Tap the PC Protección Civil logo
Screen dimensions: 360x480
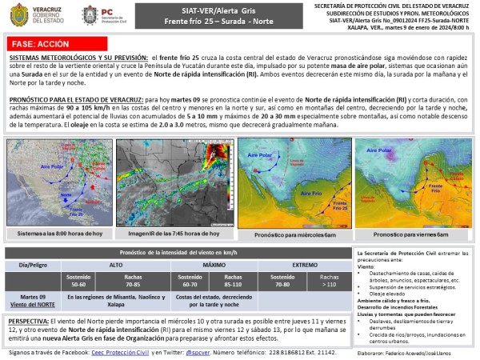click(x=105, y=15)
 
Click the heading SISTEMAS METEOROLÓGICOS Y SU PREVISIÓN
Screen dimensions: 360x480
click(x=77, y=59)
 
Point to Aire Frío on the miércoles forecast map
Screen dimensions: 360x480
click(x=312, y=193)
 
